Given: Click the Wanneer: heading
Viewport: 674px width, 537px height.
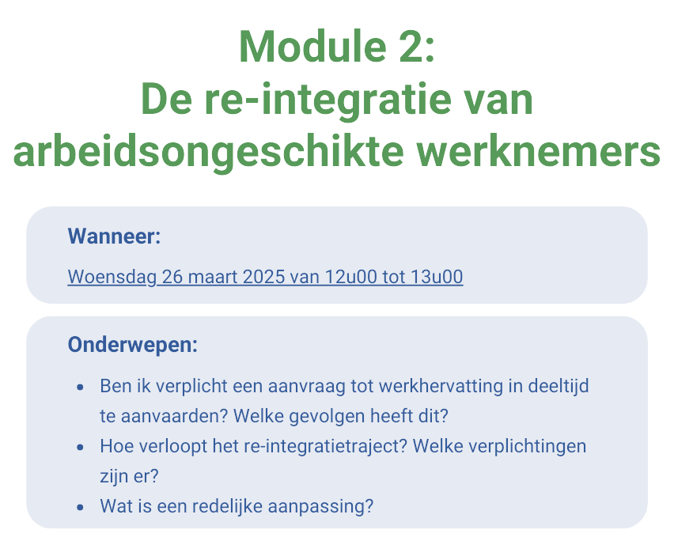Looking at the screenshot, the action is tap(115, 236).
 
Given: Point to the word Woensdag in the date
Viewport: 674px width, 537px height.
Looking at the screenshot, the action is tap(112, 277).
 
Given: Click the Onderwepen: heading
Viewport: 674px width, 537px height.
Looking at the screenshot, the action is tap(133, 345).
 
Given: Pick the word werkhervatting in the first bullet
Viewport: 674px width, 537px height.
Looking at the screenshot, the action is tap(441, 386).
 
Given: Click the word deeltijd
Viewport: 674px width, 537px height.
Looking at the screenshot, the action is tap(559, 386).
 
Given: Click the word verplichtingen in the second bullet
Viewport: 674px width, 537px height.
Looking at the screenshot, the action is tap(527, 446).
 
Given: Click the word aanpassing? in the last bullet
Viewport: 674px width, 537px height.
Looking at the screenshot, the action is tap(320, 507).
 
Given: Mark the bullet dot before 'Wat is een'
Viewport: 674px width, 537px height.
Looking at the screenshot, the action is tap(80, 508).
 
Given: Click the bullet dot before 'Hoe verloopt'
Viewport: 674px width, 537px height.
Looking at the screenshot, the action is tap(80, 447).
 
